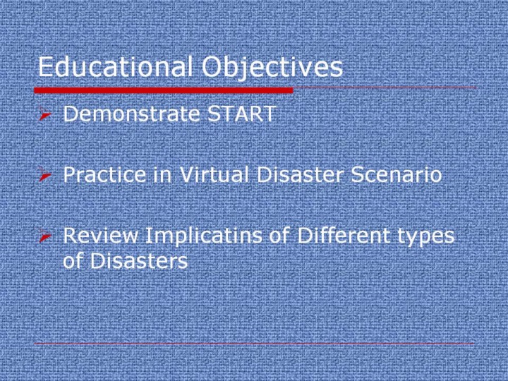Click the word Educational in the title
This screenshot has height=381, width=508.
115,66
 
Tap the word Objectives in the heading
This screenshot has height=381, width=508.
272,68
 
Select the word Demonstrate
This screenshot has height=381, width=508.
131,114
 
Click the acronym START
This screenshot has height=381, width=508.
242,114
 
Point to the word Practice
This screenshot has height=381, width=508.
104,174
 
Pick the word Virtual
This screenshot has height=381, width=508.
214,174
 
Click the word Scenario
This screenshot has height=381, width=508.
397,174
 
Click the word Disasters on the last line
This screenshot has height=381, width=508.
139,260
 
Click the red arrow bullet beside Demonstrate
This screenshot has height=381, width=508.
44,114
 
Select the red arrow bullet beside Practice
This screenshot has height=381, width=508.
44,174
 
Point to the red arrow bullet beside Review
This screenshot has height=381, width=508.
44,236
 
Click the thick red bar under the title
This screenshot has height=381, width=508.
164,90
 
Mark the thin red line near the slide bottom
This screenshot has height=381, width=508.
254,343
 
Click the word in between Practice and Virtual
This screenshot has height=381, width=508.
162,174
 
